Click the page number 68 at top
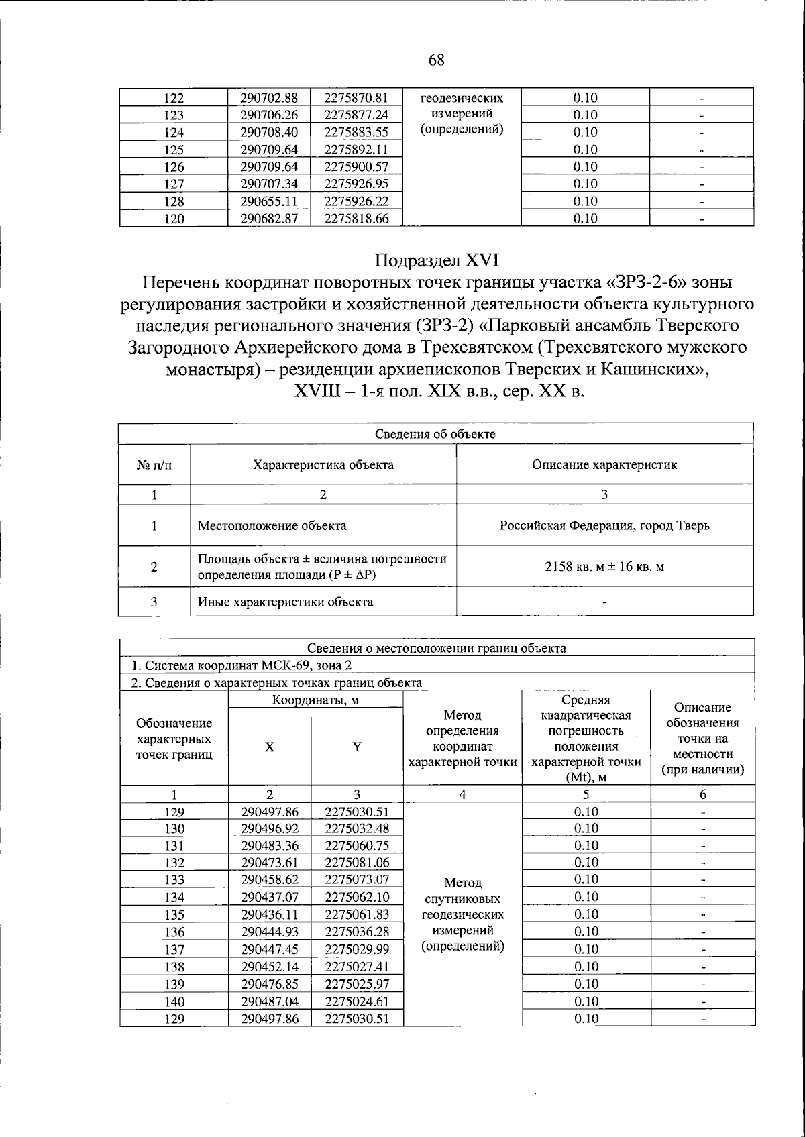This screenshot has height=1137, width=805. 435,60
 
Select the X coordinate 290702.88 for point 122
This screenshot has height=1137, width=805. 269,98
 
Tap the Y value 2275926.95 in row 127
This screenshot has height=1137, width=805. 356,184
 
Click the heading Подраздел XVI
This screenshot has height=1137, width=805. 437,260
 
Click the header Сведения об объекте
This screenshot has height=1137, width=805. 435,434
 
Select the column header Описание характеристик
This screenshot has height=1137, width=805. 604,464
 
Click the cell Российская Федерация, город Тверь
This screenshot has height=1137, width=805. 604,525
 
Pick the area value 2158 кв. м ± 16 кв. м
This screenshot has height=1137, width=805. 604,566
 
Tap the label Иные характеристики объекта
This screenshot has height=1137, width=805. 285,602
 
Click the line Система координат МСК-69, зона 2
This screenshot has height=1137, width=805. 241,665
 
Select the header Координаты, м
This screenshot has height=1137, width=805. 315,700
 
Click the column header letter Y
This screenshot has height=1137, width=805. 357,747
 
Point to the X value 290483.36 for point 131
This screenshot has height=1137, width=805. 269,846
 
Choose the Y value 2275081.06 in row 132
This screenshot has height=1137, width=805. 356,863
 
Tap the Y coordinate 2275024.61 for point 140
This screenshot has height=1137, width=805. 356,1001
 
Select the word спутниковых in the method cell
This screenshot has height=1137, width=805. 462,899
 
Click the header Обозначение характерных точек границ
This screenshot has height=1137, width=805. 174,739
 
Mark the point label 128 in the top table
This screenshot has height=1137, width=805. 174,201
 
